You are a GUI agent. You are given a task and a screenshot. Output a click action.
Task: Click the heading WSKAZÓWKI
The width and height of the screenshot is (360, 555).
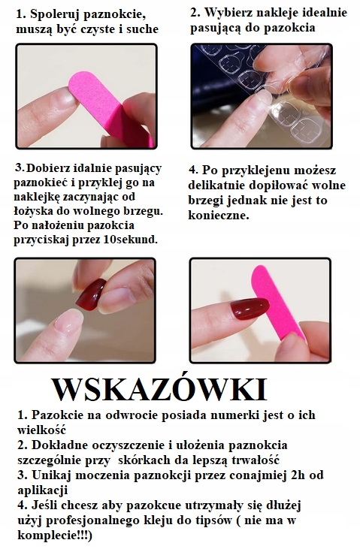coord(159,391)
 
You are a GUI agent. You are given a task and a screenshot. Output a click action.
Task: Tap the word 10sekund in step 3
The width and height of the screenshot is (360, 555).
coord(129,240)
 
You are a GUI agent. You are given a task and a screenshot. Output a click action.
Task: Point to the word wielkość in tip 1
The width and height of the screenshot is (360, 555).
coord(44,430)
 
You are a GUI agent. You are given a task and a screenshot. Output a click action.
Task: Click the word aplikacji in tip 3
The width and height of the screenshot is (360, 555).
coord(44,490)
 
